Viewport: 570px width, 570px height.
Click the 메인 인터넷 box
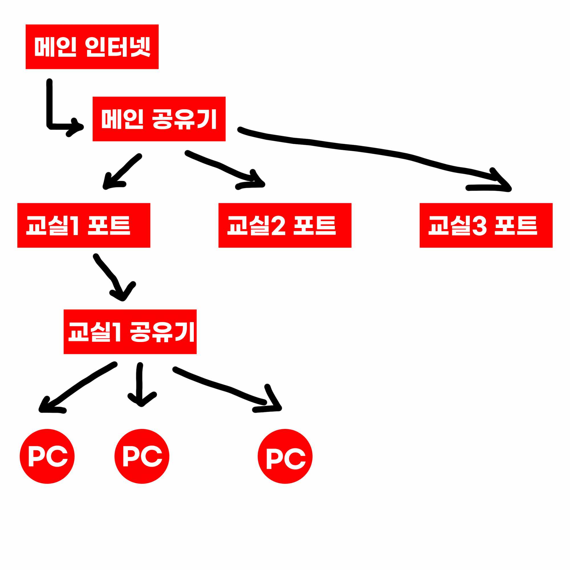pos(92,47)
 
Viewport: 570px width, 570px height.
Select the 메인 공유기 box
pos(159,119)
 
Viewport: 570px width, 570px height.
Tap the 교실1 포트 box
pos(84,225)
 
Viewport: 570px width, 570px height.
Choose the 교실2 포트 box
pos(285,225)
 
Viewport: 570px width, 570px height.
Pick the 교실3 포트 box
pos(486,225)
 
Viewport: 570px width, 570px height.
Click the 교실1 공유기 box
pos(130,332)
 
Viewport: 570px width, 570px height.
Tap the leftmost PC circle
pos(47,456)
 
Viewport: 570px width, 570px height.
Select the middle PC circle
pos(142,456)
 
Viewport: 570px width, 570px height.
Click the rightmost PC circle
pos(285,456)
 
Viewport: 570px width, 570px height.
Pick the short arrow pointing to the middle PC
pos(141,384)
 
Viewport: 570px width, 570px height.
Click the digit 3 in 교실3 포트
pos(479,226)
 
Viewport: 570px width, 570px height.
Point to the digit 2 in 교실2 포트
pos(278,226)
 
